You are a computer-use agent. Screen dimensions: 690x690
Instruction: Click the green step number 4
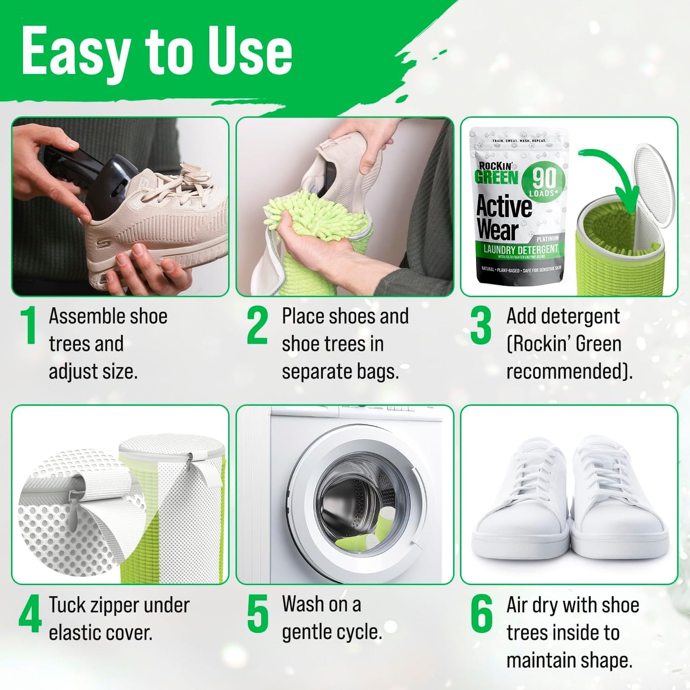[30, 615]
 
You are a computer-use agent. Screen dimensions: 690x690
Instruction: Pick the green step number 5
[258, 615]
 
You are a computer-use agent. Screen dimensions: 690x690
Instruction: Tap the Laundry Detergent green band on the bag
[520, 249]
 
